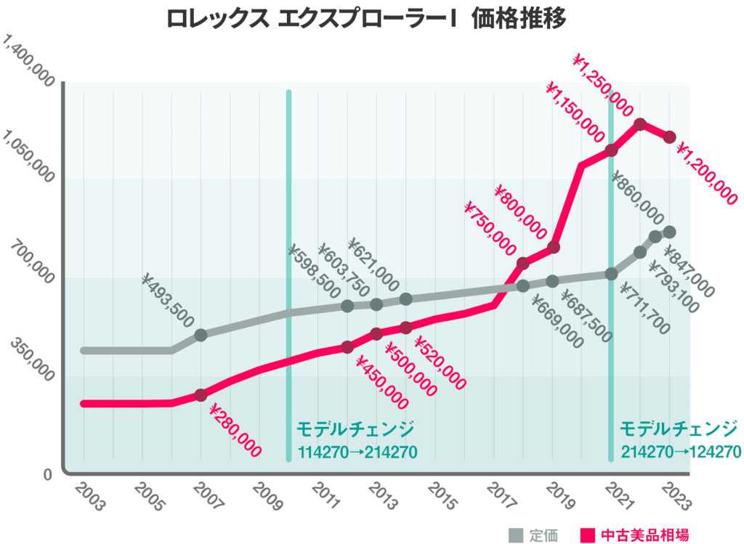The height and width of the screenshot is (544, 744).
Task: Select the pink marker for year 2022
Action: [640, 125]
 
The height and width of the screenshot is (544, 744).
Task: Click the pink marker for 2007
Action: [201, 395]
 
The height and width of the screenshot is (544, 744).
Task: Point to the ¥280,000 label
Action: [235, 430]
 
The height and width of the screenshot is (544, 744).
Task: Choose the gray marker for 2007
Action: [201, 335]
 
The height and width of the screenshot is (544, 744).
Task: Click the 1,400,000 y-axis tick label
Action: [30, 63]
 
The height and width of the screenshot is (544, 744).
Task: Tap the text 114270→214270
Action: [357, 452]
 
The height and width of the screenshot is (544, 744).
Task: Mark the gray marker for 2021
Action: [611, 274]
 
